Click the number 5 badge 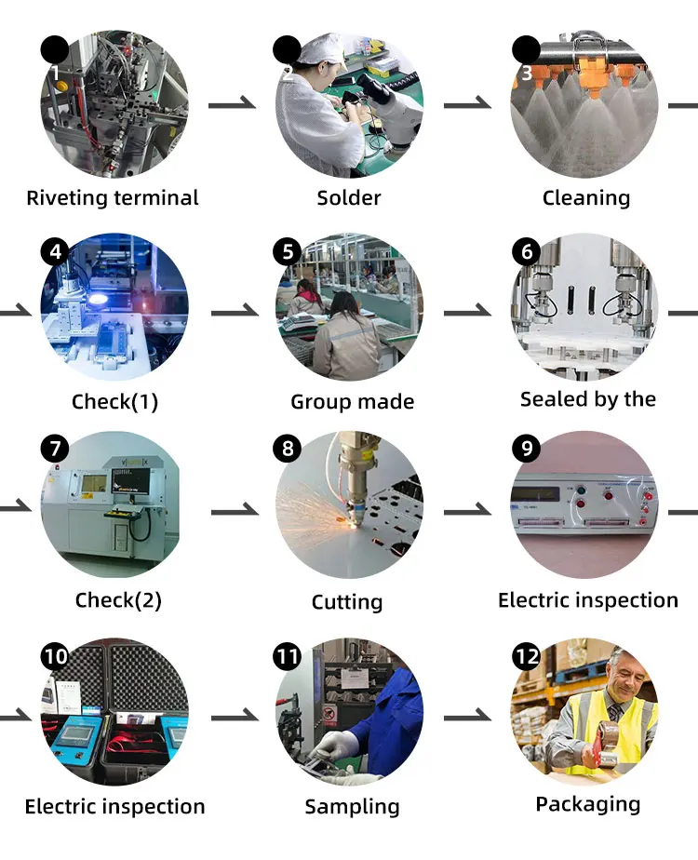[287, 251]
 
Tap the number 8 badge [287, 449]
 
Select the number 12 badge [526, 657]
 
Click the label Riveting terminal [113, 197]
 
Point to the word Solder [349, 197]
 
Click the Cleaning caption [586, 197]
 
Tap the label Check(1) [115, 402]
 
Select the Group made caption [353, 402]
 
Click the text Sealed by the [588, 399]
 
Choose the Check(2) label [118, 600]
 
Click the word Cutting [347, 602]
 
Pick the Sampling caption [353, 807]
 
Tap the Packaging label [588, 804]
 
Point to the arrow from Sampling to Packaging [467, 718]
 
